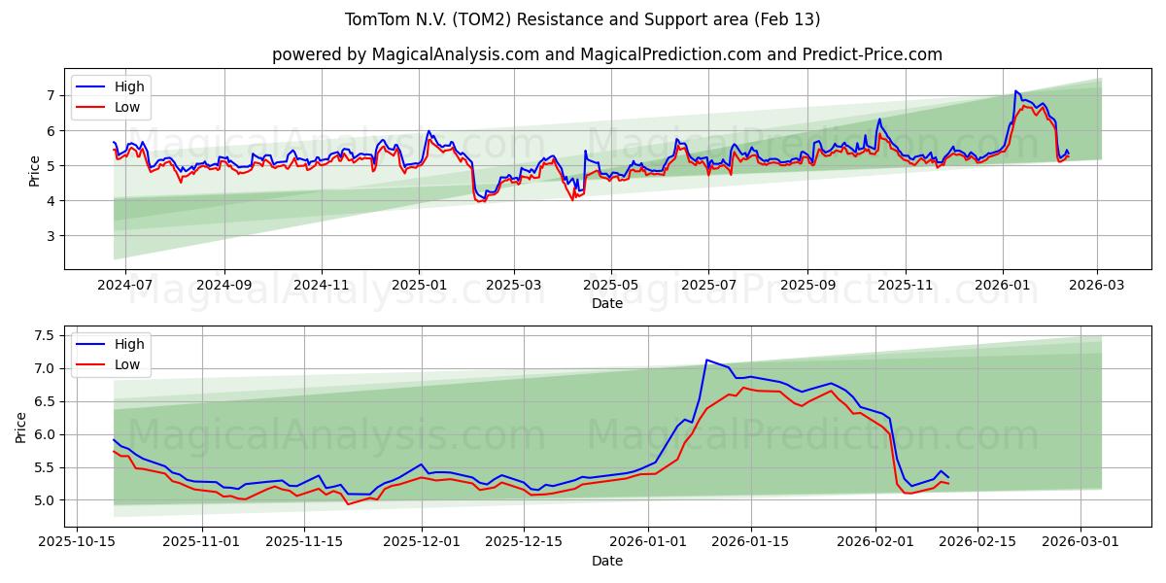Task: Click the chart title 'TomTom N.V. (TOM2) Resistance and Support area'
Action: [x=583, y=19]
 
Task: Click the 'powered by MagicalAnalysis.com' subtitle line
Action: [x=606, y=54]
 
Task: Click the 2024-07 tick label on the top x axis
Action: [x=125, y=286]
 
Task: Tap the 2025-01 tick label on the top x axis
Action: [x=419, y=286]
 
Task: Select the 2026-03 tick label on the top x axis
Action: [x=1098, y=286]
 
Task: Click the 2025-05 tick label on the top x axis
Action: [x=611, y=286]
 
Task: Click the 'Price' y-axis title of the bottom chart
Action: [x=21, y=427]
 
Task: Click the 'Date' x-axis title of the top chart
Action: [x=606, y=303]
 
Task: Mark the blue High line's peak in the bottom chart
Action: [x=706, y=360]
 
